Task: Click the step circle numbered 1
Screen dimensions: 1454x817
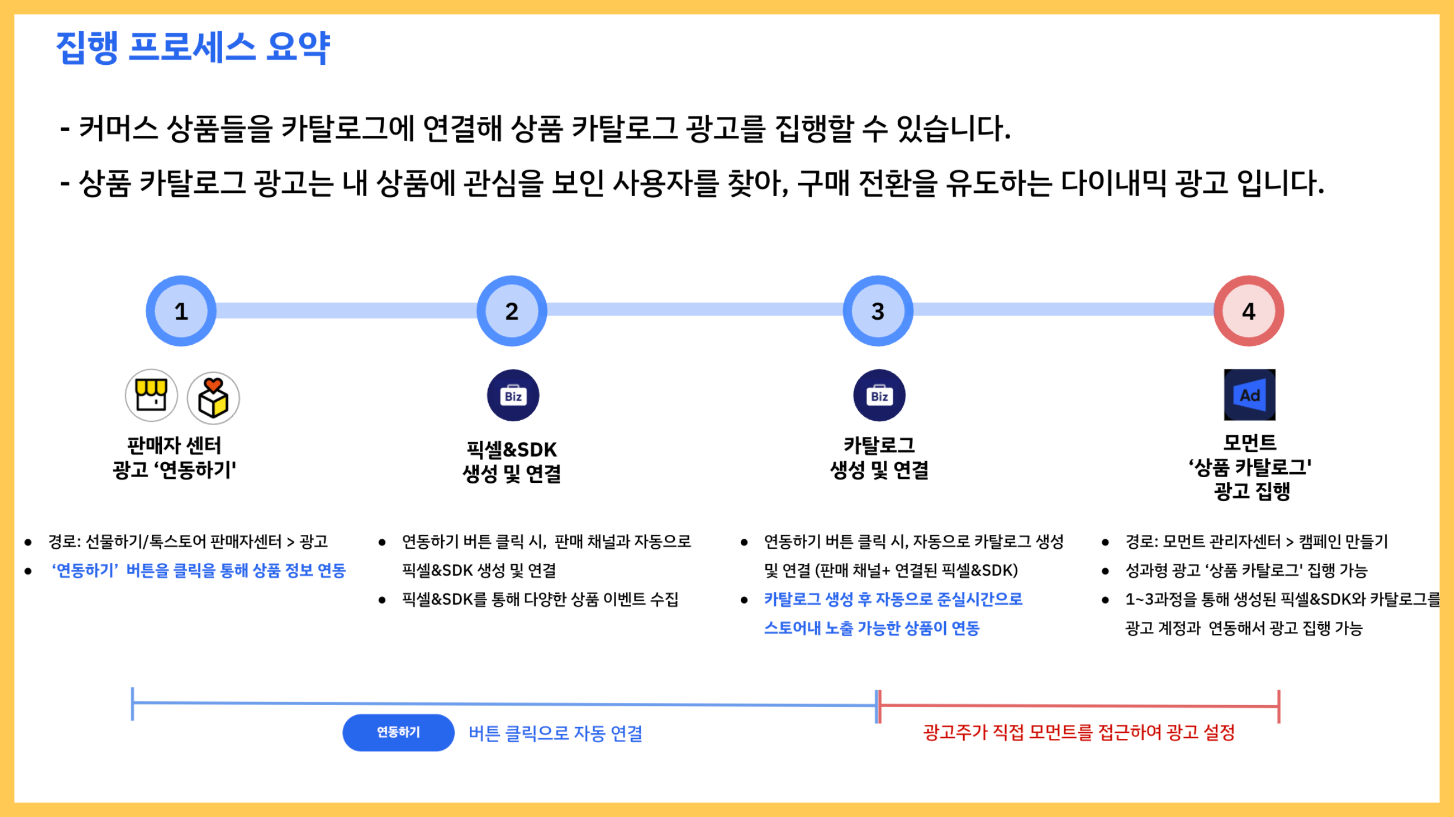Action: [x=181, y=311]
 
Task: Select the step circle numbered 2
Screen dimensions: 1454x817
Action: [x=511, y=311]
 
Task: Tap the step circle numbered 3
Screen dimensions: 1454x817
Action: [x=878, y=311]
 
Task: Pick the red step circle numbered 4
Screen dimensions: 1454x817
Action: [x=1248, y=311]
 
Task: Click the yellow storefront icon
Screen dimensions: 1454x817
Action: [x=151, y=395]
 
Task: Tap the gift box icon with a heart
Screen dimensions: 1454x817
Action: [x=213, y=397]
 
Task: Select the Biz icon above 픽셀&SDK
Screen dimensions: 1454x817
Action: [x=513, y=395]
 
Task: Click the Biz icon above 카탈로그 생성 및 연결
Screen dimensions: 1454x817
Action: [x=879, y=395]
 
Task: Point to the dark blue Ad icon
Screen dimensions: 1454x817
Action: [x=1249, y=395]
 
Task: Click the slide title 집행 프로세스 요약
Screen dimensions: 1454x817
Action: [x=193, y=48]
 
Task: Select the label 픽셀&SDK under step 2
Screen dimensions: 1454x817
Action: [x=511, y=450]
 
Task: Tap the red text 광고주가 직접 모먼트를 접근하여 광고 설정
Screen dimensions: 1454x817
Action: [x=1079, y=732]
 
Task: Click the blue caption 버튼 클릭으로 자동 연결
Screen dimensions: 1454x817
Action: [x=555, y=733]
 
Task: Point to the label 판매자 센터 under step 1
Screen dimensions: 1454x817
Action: [x=174, y=446]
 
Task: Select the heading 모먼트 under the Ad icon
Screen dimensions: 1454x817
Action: [x=1249, y=442]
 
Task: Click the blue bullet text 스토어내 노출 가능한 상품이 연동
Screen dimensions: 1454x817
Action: [x=872, y=628]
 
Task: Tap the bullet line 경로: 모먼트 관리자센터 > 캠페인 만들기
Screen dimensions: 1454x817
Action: [x=1256, y=542]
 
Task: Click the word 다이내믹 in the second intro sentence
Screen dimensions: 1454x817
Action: [x=1113, y=183]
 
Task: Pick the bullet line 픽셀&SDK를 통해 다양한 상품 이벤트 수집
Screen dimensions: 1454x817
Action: [x=540, y=599]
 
